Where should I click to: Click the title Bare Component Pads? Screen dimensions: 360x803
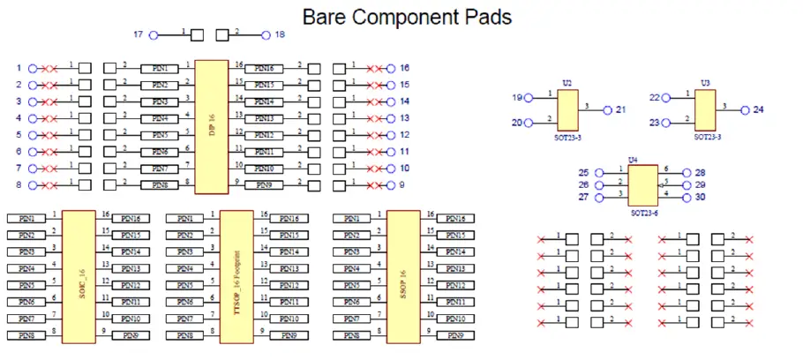pos(407,16)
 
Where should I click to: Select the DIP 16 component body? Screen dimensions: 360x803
pos(211,126)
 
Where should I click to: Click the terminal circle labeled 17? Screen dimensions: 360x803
pos(154,35)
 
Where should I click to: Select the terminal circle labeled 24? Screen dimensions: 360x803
pos(745,110)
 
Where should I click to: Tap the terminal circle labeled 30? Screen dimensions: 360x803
pos(686,197)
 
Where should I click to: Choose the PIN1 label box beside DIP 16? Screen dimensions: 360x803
pos(160,68)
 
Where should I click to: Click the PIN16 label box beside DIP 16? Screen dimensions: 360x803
pos(263,68)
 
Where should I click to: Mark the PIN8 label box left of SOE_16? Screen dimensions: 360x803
pos(26,335)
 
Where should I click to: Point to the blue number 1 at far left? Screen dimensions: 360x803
pos(19,68)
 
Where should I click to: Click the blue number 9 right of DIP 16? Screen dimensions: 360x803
pos(402,185)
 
